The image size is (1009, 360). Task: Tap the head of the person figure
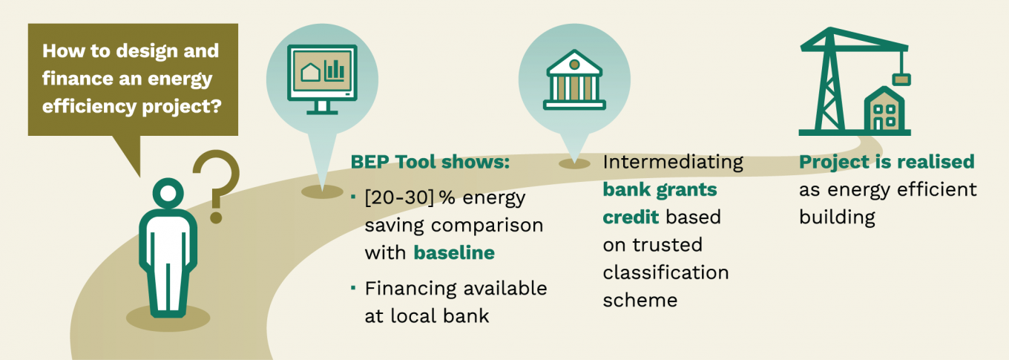point(168,193)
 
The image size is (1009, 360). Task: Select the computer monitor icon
point(322,79)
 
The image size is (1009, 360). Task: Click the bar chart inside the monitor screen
point(334,71)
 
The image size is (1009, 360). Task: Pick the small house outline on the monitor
point(310,73)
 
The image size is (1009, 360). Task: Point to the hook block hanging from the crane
point(901,79)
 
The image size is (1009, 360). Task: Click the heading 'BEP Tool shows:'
point(430,162)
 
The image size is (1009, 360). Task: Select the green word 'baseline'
point(454,252)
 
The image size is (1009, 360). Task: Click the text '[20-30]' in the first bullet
point(399,197)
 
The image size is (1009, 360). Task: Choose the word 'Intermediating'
point(673,163)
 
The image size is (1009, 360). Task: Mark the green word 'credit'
point(631,217)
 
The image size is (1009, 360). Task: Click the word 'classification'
point(665,272)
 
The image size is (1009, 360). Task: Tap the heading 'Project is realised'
point(887,163)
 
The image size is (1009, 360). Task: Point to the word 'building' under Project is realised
point(837,217)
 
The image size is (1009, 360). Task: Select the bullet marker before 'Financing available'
point(353,287)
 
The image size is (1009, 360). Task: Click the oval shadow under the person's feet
point(168,318)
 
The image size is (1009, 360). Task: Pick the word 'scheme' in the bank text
point(640,300)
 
